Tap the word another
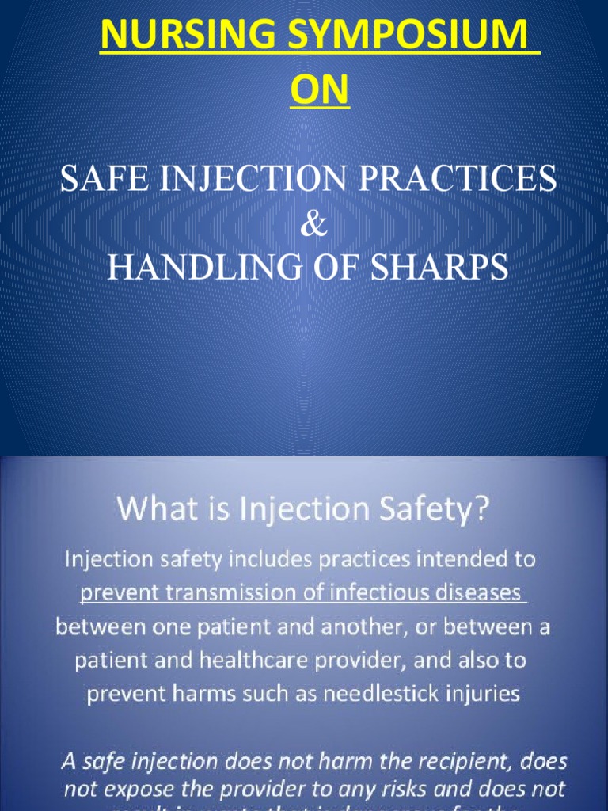321,626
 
